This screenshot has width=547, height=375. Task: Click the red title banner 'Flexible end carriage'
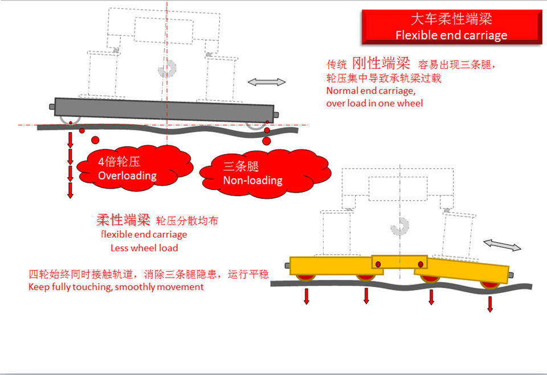pyautogui.click(x=451, y=27)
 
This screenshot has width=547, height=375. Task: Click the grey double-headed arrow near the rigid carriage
pyautogui.click(x=267, y=82)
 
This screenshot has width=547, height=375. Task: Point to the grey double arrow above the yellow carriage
pyautogui.click(x=502, y=246)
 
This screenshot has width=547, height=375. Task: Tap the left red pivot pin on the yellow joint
pyautogui.click(x=378, y=263)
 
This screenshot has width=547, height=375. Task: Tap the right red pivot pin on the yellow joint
pyautogui.click(x=421, y=263)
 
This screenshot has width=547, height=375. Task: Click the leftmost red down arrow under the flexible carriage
pyautogui.click(x=307, y=296)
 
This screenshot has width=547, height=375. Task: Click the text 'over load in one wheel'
pyautogui.click(x=374, y=103)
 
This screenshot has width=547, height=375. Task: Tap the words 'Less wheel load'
pyautogui.click(x=144, y=248)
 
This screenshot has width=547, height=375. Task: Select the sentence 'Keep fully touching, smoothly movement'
pyautogui.click(x=116, y=287)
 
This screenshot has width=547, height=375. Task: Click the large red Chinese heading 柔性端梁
pyautogui.click(x=123, y=220)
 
